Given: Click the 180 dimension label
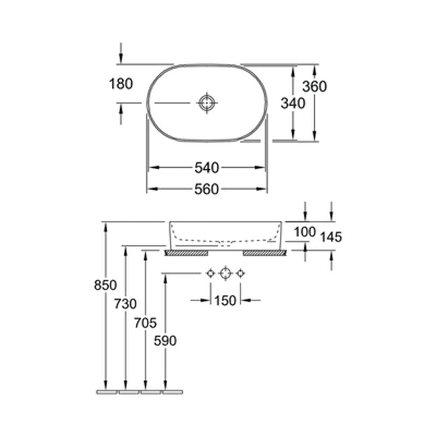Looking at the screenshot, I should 122,84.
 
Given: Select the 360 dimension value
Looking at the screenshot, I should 314,86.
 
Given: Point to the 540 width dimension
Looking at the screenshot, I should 207,167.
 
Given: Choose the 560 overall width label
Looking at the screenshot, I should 207,189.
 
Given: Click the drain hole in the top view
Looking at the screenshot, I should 207,102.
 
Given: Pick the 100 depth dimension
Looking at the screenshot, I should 305,232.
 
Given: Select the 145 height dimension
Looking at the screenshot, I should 331,237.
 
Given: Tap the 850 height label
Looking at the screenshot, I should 106,285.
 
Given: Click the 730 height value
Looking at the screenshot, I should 126,305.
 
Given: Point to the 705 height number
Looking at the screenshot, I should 146,323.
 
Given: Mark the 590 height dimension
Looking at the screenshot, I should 165,341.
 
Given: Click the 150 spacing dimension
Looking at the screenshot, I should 225,300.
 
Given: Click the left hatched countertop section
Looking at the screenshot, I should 186,253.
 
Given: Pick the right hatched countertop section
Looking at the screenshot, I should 264,253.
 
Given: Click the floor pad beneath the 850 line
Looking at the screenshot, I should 106,392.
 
